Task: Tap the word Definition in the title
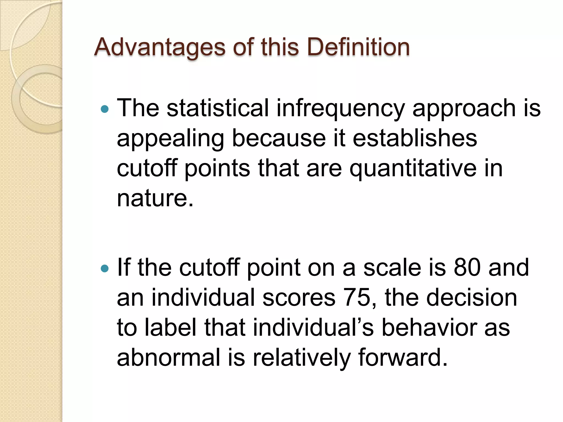(358, 47)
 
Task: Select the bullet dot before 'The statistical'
(105, 109)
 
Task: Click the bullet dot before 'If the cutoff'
(105, 268)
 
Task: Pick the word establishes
(415, 138)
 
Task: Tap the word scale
(392, 267)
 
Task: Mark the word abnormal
(169, 357)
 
